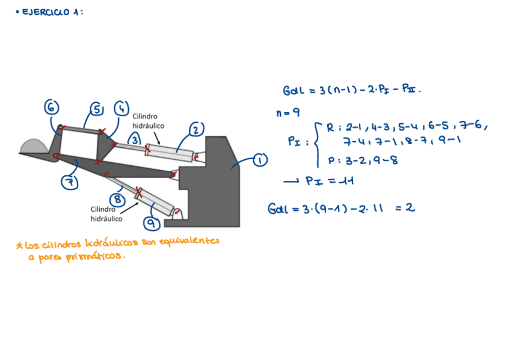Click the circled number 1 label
260,160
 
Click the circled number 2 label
197,129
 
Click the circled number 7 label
71,182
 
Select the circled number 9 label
152,224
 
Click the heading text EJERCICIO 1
52,12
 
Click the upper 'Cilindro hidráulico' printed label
149,121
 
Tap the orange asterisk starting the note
19,245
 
